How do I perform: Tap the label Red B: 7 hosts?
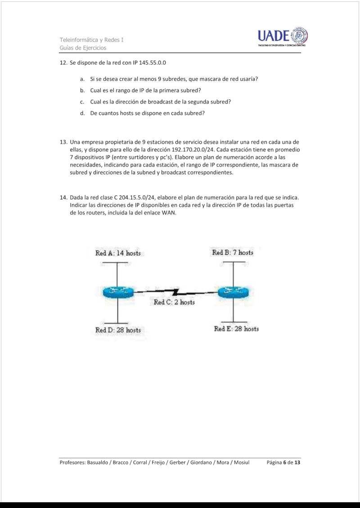(x=233, y=253)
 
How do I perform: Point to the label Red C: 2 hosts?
(x=174, y=303)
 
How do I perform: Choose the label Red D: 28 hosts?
(x=118, y=330)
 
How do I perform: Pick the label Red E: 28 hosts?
(x=236, y=329)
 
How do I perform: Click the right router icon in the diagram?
(x=233, y=292)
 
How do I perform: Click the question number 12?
(x=63, y=63)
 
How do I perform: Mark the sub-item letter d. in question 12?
(x=83, y=113)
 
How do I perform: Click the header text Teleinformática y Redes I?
(x=92, y=40)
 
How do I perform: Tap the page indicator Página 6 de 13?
(x=283, y=463)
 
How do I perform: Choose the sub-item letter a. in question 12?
(x=83, y=79)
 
